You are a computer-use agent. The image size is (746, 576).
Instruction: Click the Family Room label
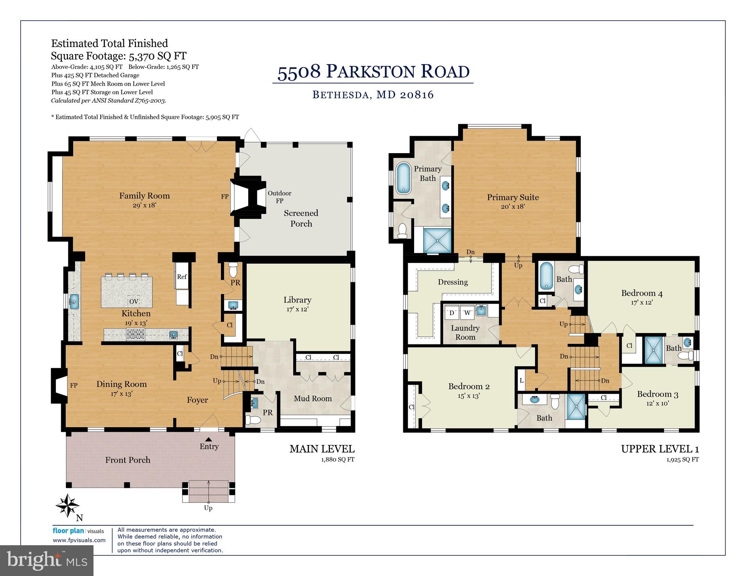coord(144,196)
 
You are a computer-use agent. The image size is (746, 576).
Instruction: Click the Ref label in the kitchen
coord(182,277)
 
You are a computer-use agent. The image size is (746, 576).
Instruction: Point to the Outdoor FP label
coord(279,197)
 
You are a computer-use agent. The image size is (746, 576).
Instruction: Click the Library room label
coord(297,300)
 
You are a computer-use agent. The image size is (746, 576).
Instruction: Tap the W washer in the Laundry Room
coord(467,313)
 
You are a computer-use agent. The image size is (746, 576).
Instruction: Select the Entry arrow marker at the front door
coord(209,439)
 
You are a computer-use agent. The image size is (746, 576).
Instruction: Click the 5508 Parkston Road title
coord(373,71)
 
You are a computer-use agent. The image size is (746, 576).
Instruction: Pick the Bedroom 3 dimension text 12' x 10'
coord(657,403)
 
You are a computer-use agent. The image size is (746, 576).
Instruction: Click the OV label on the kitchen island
coord(134,301)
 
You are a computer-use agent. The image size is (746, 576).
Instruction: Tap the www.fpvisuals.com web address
coord(79,540)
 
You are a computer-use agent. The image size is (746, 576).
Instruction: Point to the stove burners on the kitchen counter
coord(136,334)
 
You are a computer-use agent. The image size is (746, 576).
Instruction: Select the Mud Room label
coord(312,399)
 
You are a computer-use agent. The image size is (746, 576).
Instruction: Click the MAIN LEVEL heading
coord(322,449)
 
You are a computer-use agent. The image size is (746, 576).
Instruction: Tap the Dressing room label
coord(453,282)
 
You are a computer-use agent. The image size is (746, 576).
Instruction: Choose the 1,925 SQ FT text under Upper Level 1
coord(682,459)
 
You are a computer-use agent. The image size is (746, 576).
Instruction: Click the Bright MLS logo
coord(47,561)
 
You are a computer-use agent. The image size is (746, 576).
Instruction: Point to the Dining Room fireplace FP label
coord(74,385)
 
